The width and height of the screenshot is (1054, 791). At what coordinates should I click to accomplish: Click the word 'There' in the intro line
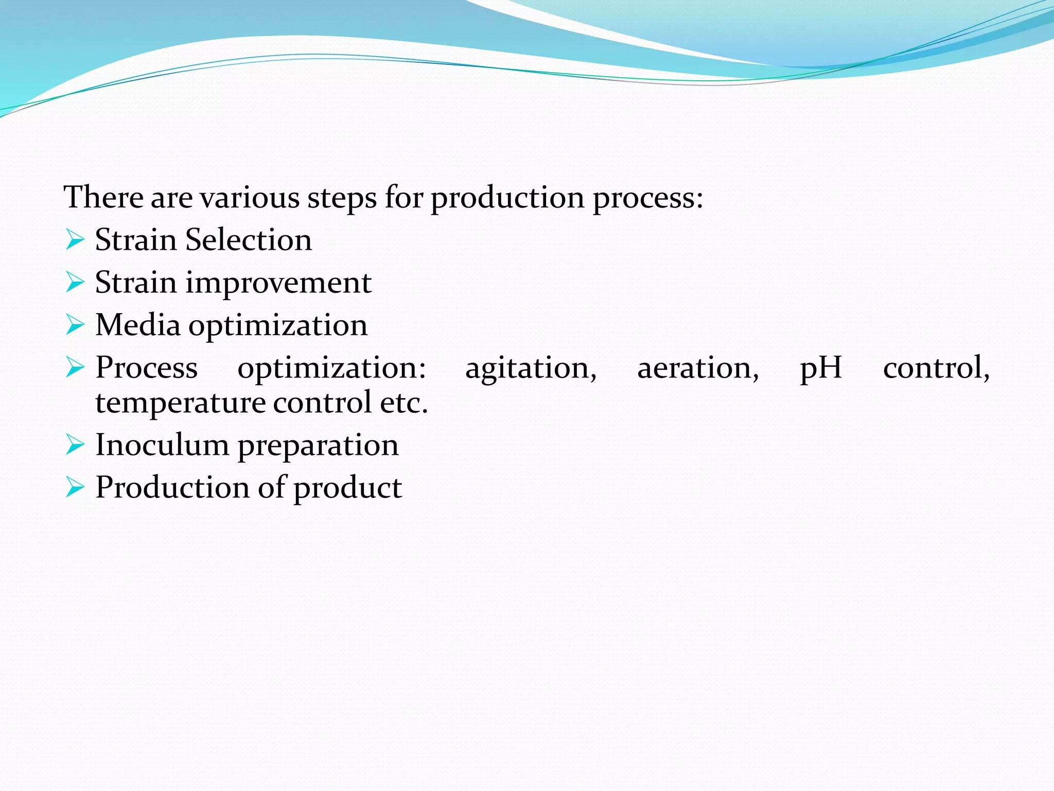click(x=103, y=197)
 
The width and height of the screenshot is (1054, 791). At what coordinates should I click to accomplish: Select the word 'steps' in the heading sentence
click(x=342, y=198)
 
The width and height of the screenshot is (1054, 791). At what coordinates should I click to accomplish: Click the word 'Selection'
click(x=249, y=240)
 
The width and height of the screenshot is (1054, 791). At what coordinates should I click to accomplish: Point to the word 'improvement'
click(x=278, y=283)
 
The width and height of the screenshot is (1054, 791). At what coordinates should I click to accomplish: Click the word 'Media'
click(x=138, y=325)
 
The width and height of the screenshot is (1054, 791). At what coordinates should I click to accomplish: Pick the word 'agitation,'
click(x=531, y=369)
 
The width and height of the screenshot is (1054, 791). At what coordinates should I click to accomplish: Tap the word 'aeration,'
click(x=698, y=369)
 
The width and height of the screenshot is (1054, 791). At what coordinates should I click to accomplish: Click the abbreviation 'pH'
click(x=821, y=369)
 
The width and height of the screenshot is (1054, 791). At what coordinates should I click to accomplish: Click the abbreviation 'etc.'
click(x=404, y=403)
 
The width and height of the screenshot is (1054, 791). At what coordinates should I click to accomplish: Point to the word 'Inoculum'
click(x=162, y=445)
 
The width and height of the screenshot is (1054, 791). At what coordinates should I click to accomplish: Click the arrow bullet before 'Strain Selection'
click(x=75, y=240)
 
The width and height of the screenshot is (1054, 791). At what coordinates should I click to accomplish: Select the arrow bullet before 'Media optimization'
click(x=75, y=325)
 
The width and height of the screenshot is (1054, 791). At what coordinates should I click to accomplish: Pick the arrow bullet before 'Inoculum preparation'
click(x=75, y=445)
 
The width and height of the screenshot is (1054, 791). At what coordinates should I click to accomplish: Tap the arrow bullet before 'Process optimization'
click(x=75, y=368)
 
